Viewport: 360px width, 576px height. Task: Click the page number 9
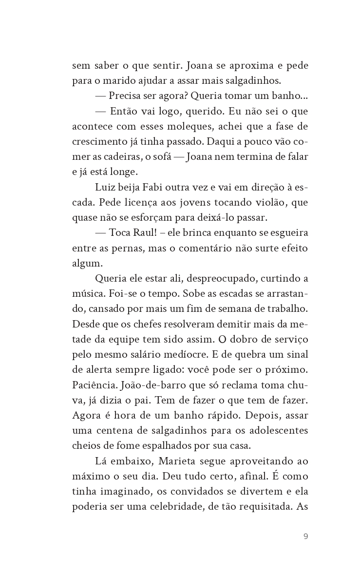[305, 537]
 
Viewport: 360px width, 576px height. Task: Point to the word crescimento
[100, 142]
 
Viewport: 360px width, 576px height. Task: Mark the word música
[88, 294]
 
